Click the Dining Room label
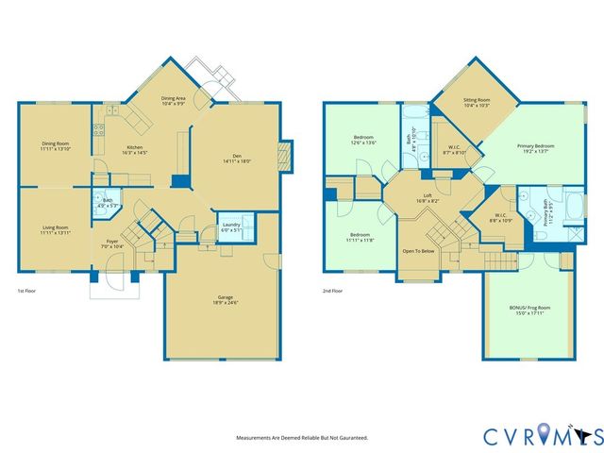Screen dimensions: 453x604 pyautogui.click(x=55, y=143)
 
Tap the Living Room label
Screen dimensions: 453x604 pyautogui.click(x=55, y=227)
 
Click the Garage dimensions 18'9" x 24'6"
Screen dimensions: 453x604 pyautogui.click(x=224, y=303)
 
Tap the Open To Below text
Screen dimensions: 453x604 pyautogui.click(x=419, y=252)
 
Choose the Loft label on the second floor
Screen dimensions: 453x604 pyautogui.click(x=427, y=197)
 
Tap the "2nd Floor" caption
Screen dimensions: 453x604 pyautogui.click(x=331, y=291)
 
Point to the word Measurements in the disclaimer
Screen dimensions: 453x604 pyautogui.click(x=255, y=438)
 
